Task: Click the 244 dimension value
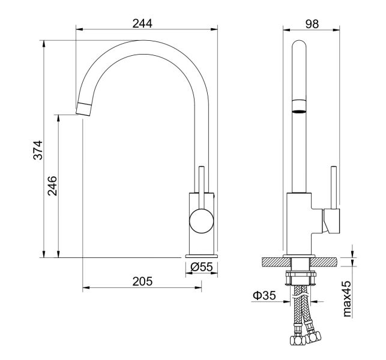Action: (142, 23)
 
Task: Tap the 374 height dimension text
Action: (38, 150)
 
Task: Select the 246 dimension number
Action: (52, 186)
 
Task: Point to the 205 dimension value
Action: (142, 281)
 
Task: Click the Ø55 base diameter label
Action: (201, 267)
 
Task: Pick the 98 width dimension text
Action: (312, 24)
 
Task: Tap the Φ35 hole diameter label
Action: (264, 295)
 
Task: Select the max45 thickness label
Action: (347, 299)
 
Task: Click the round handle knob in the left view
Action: (201, 221)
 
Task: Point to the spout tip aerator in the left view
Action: (84, 109)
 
